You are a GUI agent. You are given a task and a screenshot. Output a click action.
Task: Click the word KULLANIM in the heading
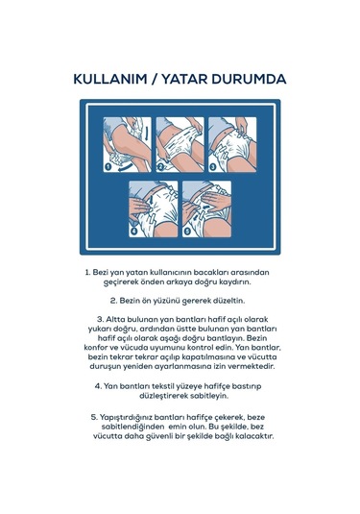[110, 80]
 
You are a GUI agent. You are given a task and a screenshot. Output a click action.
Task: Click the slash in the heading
[155, 80]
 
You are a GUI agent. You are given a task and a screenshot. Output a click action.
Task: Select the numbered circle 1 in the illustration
[108, 167]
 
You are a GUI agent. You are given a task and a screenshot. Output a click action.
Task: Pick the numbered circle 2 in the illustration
[160, 167]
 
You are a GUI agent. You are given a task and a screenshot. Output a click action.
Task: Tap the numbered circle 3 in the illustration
[213, 167]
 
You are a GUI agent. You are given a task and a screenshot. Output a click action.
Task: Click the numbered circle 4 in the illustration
[133, 232]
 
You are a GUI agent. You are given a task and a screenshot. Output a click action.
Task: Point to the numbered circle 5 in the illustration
[187, 232]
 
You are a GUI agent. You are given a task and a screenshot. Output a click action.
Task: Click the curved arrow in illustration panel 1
[126, 167]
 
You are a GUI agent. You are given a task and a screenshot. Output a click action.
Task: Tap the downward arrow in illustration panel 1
[147, 134]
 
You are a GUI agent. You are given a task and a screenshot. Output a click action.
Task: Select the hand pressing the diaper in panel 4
[140, 208]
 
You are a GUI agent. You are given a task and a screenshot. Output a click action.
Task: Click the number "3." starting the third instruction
[100, 319]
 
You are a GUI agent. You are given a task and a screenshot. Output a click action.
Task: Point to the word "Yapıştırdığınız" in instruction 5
[126, 418]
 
